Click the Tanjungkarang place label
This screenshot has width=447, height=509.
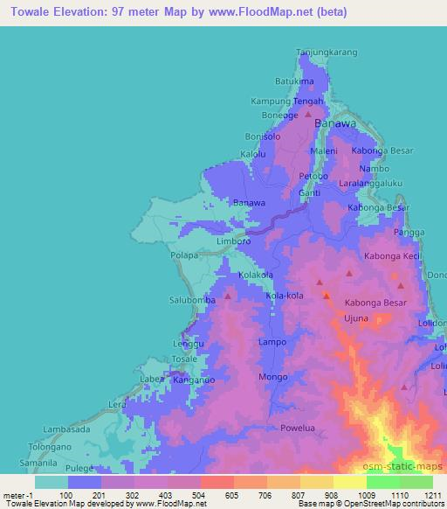tap(328, 52)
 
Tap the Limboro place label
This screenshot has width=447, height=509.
tap(234, 240)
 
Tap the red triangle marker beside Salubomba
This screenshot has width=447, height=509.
tap(228, 296)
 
